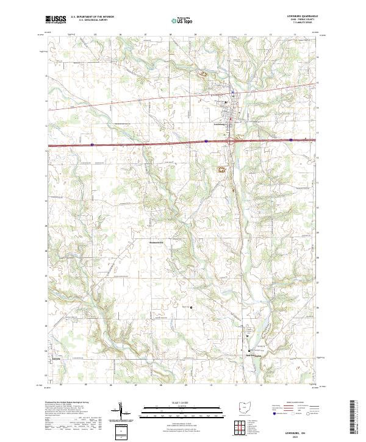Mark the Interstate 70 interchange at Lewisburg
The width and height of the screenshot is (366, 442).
pyautogui.click(x=230, y=141)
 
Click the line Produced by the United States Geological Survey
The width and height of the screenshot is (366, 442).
pyautogui.click(x=70, y=403)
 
